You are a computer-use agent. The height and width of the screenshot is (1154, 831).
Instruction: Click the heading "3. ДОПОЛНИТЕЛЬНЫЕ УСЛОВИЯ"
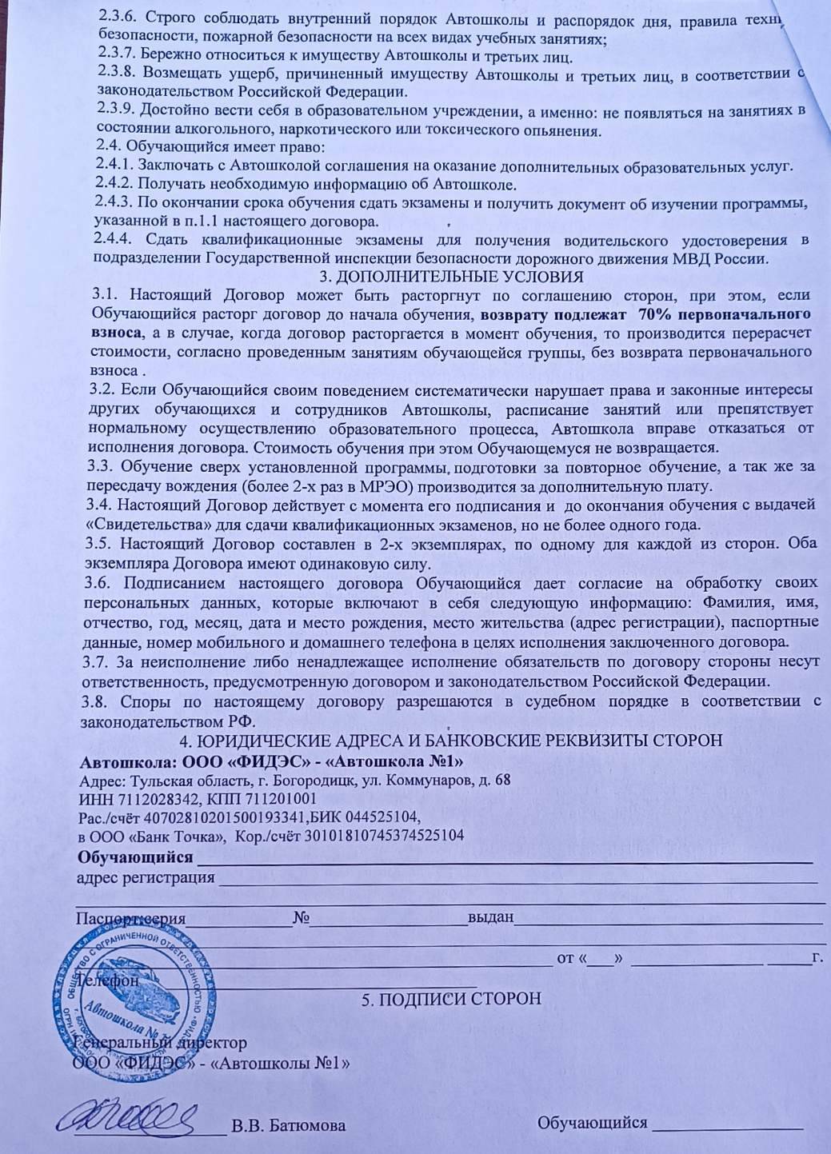(451, 278)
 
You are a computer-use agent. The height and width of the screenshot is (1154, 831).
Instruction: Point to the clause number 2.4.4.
(112, 241)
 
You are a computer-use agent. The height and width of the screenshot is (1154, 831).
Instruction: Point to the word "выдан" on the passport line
(489, 917)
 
